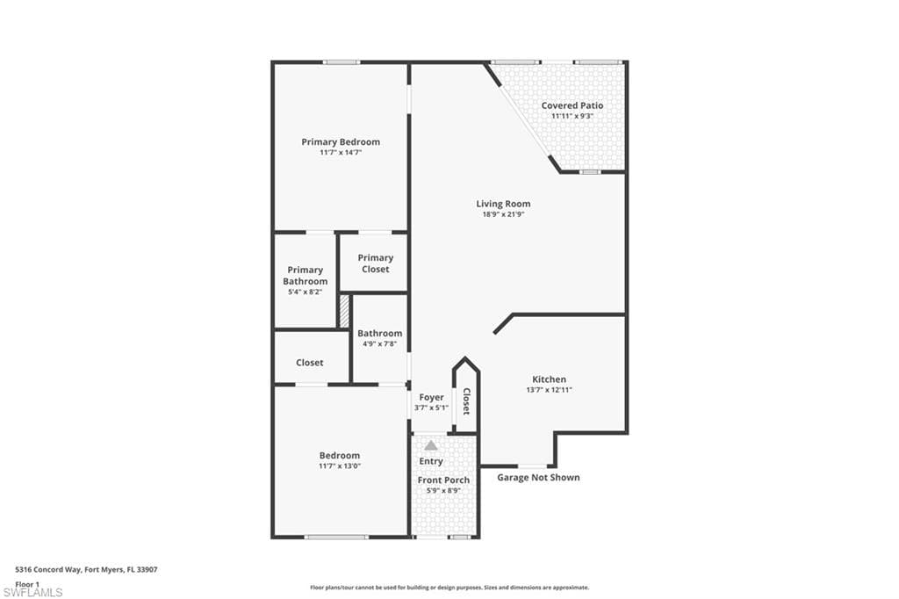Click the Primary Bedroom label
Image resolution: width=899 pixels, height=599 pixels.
pos(341,141)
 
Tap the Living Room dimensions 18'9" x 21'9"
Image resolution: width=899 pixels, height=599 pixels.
pos(503,214)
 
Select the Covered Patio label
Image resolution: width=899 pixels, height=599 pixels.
pos(572,105)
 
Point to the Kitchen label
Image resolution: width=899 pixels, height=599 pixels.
pos(549,379)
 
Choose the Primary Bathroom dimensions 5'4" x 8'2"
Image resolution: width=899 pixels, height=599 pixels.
pos(305,292)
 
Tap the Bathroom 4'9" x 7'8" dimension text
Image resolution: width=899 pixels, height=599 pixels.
pos(379,344)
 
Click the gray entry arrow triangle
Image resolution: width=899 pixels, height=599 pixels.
pos(431,446)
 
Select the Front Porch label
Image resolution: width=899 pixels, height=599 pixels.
pos(443,480)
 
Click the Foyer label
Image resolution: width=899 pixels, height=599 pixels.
pos(431,397)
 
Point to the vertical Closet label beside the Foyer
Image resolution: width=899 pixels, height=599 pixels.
pos(466,401)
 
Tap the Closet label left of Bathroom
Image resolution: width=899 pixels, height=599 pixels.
pos(309,362)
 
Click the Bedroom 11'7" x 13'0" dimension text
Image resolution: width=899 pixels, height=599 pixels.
pos(340,465)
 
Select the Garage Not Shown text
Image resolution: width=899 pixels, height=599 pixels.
pos(538,478)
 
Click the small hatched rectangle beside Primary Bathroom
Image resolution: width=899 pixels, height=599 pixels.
pos(344,311)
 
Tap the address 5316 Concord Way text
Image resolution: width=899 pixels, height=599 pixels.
pos(86,569)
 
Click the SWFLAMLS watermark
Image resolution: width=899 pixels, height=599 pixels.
pos(32,592)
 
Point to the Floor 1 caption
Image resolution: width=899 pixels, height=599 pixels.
pos(27,583)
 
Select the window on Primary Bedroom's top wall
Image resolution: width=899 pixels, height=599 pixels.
pos(341,61)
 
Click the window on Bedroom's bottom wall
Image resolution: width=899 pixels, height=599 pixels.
pos(336,537)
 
